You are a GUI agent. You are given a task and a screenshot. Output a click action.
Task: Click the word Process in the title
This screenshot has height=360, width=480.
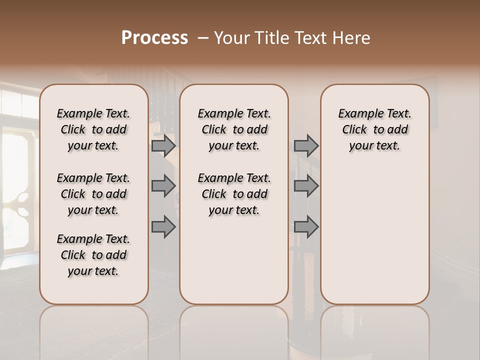point(154,38)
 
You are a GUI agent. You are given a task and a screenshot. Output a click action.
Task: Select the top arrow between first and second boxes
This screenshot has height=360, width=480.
point(163,146)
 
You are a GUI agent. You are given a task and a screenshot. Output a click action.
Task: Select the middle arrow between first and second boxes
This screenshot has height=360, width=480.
point(163,186)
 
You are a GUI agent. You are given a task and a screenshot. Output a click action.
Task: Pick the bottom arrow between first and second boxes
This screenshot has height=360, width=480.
point(163,226)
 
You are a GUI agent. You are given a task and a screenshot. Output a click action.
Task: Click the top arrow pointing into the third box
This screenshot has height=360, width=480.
point(306,146)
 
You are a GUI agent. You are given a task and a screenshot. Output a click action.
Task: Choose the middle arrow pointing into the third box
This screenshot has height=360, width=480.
point(306,186)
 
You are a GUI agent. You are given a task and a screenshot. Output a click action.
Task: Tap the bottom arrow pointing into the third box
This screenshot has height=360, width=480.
point(306,226)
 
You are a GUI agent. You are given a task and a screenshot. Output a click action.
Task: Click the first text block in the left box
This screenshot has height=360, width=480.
point(93,129)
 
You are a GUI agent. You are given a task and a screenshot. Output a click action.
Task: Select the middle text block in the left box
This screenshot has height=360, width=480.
point(93,194)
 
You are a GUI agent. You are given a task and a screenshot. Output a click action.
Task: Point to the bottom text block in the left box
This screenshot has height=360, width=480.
point(93,255)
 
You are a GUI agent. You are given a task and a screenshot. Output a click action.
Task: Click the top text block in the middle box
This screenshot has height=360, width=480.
point(234,129)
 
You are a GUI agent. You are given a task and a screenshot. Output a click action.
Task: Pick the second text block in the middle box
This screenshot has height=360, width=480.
point(234,194)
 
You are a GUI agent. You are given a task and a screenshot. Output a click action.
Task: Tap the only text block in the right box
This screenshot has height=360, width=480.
point(375,129)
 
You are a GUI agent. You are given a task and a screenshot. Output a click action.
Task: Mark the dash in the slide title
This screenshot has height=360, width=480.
point(203,38)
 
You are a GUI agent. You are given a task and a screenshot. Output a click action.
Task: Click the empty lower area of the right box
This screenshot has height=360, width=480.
point(375,235)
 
